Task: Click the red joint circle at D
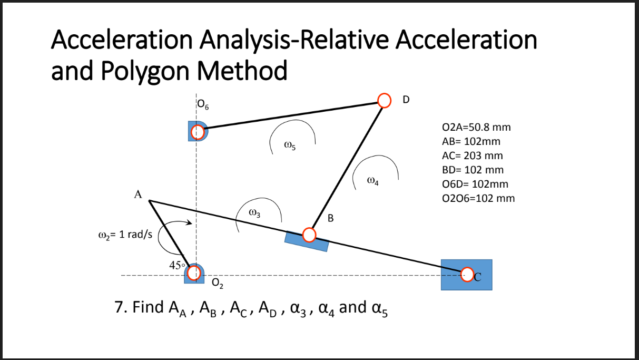(385, 100)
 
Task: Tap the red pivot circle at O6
(198, 131)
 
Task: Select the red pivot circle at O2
(194, 273)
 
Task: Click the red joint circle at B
(309, 235)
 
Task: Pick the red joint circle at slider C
(467, 274)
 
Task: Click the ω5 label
(289, 146)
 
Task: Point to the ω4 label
(372, 182)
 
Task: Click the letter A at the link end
(138, 194)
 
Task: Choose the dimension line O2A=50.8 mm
(477, 128)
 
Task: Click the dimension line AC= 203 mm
(473, 156)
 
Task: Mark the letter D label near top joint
(406, 99)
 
